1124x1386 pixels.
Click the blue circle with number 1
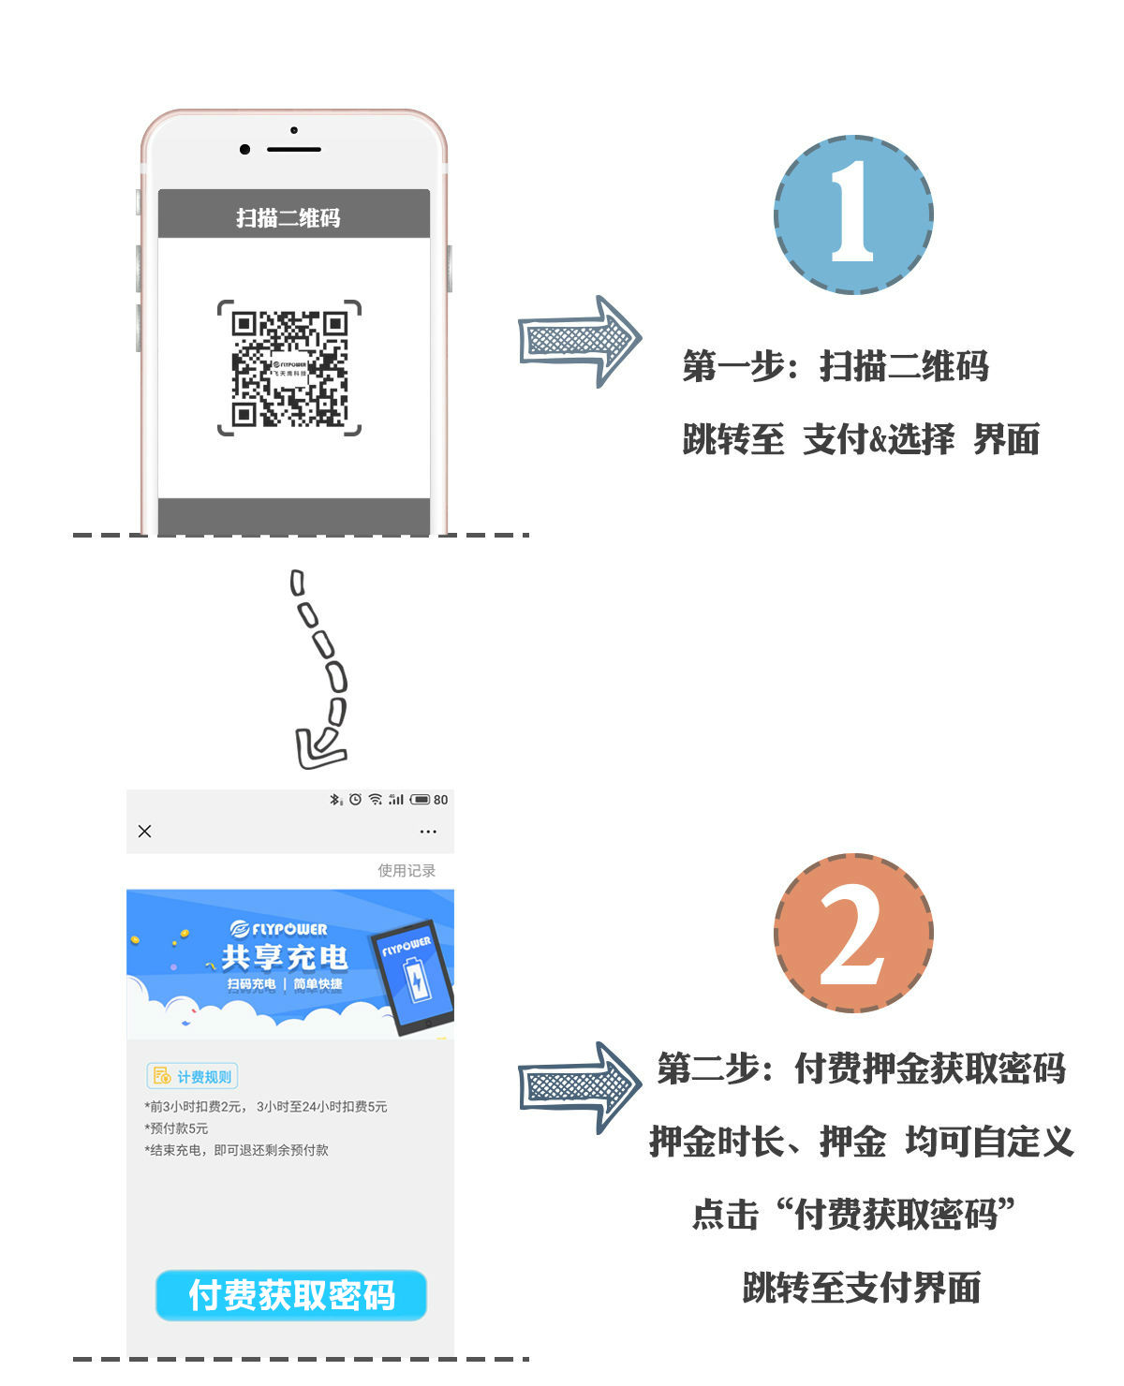[x=852, y=214]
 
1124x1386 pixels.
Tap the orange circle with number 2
[x=852, y=933]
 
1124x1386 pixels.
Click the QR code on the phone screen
[x=289, y=368]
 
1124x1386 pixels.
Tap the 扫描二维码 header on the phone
[x=288, y=217]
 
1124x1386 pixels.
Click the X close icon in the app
[x=144, y=831]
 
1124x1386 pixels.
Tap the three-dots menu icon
[x=428, y=832]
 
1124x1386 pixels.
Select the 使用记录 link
[x=407, y=870]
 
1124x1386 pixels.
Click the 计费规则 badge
[x=192, y=1076]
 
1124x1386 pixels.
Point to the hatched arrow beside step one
[x=579, y=341]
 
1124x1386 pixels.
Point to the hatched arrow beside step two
[x=579, y=1087]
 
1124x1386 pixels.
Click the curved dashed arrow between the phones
[x=321, y=670]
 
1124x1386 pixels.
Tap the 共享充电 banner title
[x=284, y=957]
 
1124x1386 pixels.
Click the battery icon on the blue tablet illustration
[x=415, y=981]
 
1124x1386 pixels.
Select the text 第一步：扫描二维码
[x=835, y=365]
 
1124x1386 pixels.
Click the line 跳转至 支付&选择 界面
[x=860, y=438]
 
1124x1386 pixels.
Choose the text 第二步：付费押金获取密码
[x=861, y=1068]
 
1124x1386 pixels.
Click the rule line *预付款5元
[x=177, y=1128]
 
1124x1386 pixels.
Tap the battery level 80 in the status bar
[x=440, y=800]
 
